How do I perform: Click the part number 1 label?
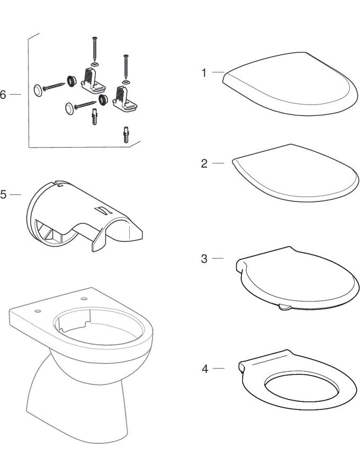[204, 73]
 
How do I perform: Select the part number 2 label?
[204, 164]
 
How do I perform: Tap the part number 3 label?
[204, 259]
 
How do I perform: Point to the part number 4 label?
[204, 369]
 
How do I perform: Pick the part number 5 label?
[4, 195]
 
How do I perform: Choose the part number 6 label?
[3, 95]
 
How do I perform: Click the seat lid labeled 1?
[291, 85]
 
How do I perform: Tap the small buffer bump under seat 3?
[283, 307]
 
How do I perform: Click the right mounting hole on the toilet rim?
[84, 300]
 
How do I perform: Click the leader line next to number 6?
[15, 94]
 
